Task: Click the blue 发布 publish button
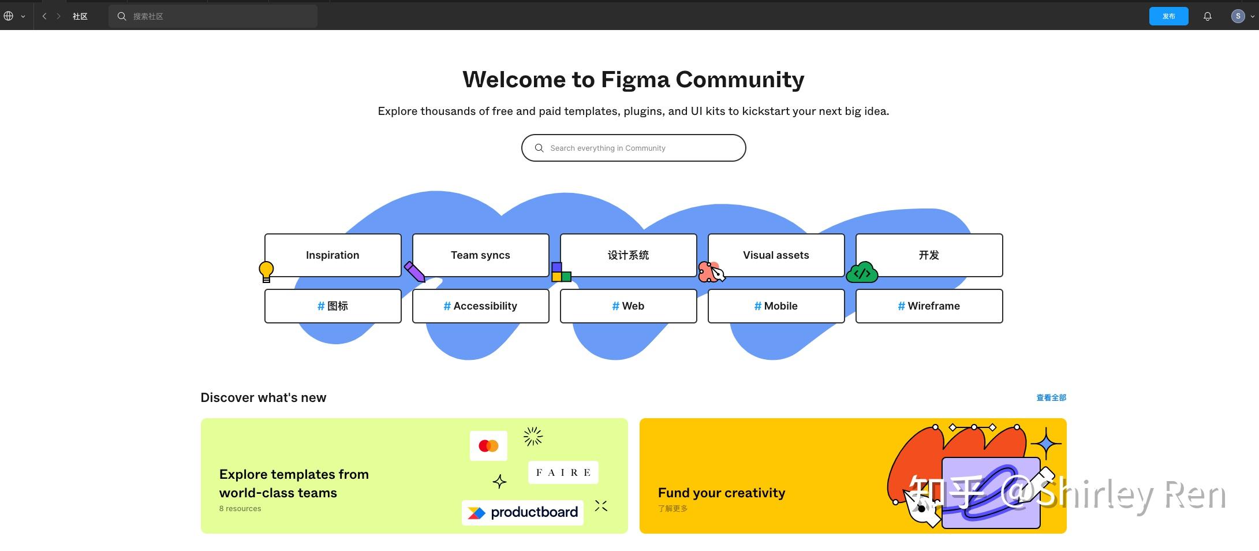[1168, 16]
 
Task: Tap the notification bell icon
[1207, 16]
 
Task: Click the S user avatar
[1238, 16]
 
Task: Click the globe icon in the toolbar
[9, 16]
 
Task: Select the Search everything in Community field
[633, 148]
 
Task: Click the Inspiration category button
[333, 255]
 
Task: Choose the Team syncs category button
[480, 255]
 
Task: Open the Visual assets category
[776, 255]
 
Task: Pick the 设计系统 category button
[628, 255]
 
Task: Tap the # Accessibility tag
[480, 306]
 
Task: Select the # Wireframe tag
[929, 306]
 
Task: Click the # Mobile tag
[776, 306]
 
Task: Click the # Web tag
[628, 306]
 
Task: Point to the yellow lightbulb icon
[266, 271]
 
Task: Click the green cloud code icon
[862, 273]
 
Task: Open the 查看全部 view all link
[1051, 397]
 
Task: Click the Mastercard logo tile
[488, 446]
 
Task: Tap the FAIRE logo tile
[563, 472]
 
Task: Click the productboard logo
[522, 512]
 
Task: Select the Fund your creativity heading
[722, 493]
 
